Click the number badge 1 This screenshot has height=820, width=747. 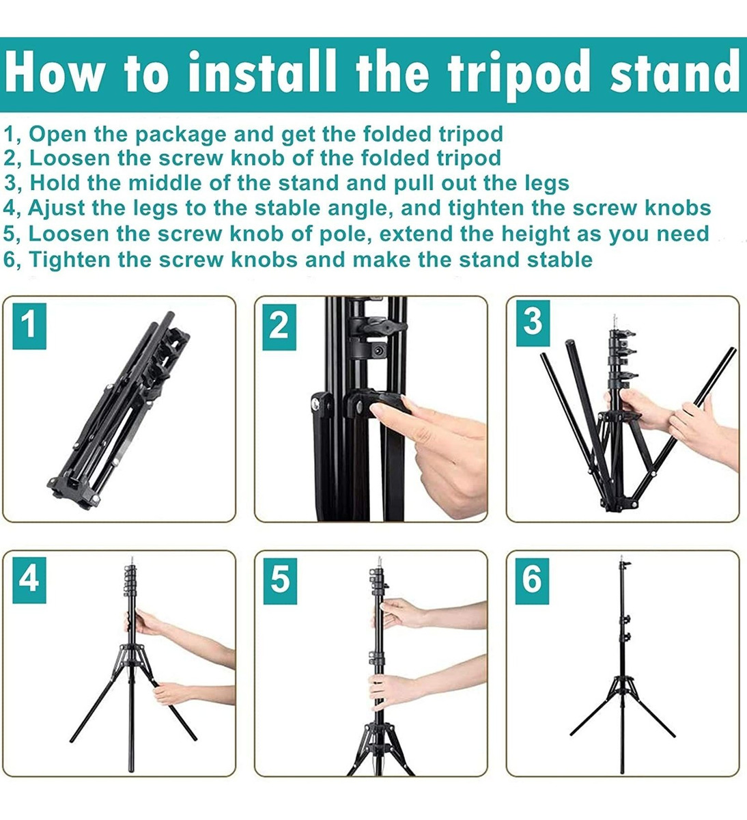pos(29,326)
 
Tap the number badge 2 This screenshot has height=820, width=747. pos(279,327)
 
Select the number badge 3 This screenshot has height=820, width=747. pos(533,323)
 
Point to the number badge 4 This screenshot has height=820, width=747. pos(29,579)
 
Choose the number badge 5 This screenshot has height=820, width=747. pos(280,581)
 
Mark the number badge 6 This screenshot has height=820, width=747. pos(532,581)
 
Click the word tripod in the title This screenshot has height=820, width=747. pos(519,74)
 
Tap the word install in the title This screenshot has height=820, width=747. pos(262,72)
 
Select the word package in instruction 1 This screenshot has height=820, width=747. pos(181,135)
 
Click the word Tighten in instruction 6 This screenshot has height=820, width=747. pos(70,260)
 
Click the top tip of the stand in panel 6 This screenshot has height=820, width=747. pos(622,557)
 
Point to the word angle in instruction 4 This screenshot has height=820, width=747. pos(358,209)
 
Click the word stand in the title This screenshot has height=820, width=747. pos(675,72)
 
